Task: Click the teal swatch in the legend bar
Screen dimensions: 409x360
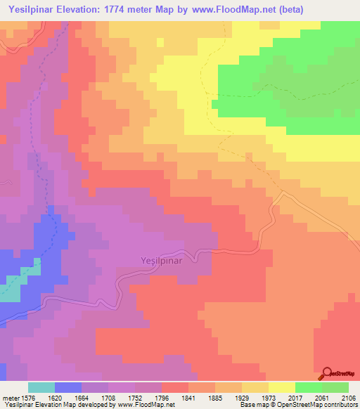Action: pos(41,387)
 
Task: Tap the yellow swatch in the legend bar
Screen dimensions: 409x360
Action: pos(281,387)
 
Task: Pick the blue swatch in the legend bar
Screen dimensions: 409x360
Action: pos(68,387)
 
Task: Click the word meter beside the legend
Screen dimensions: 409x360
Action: pos(10,397)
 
